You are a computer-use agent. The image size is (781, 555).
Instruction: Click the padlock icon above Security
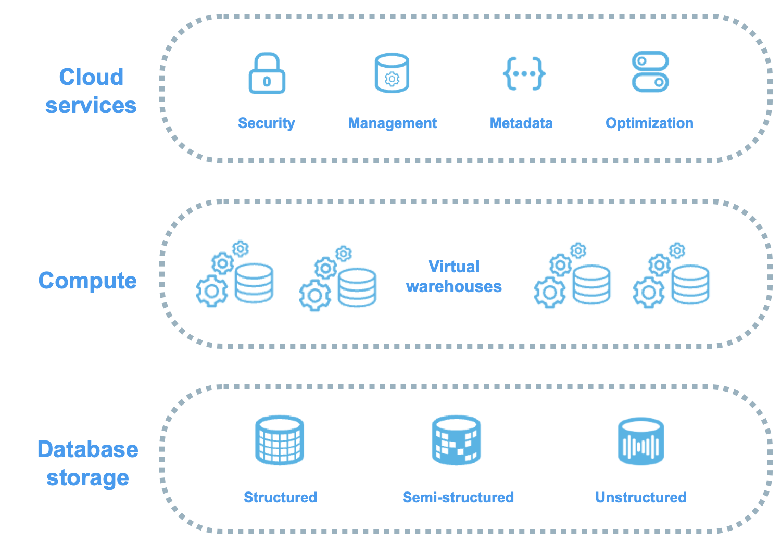pos(267,73)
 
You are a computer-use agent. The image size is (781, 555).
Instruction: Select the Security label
pos(267,123)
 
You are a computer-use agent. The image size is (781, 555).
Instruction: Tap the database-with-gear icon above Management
pos(392,73)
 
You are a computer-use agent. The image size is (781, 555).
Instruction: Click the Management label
pos(392,123)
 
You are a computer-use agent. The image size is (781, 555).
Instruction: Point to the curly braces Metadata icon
pos(524,73)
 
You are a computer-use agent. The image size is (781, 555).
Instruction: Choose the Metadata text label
pos(521,123)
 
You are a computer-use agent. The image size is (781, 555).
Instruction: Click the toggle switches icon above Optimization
pos(650,72)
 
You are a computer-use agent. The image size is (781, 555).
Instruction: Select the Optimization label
pos(649,123)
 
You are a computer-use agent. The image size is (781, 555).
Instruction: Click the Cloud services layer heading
pos(91,91)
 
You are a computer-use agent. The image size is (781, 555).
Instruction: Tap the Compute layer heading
pos(87,281)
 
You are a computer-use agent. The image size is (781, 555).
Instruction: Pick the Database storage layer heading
pos(87,463)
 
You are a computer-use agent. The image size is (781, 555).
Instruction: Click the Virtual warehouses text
pos(454,276)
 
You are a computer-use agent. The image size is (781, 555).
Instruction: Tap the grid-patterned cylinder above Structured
pos(280,440)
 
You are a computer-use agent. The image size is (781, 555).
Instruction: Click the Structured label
pos(280,497)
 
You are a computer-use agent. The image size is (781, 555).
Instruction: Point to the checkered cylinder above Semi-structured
pos(456,440)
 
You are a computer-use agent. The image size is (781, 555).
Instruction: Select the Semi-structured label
pos(458,497)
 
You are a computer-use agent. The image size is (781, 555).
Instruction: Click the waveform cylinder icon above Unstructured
pos(641,442)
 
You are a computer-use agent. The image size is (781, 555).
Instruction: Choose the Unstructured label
pos(641,497)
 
